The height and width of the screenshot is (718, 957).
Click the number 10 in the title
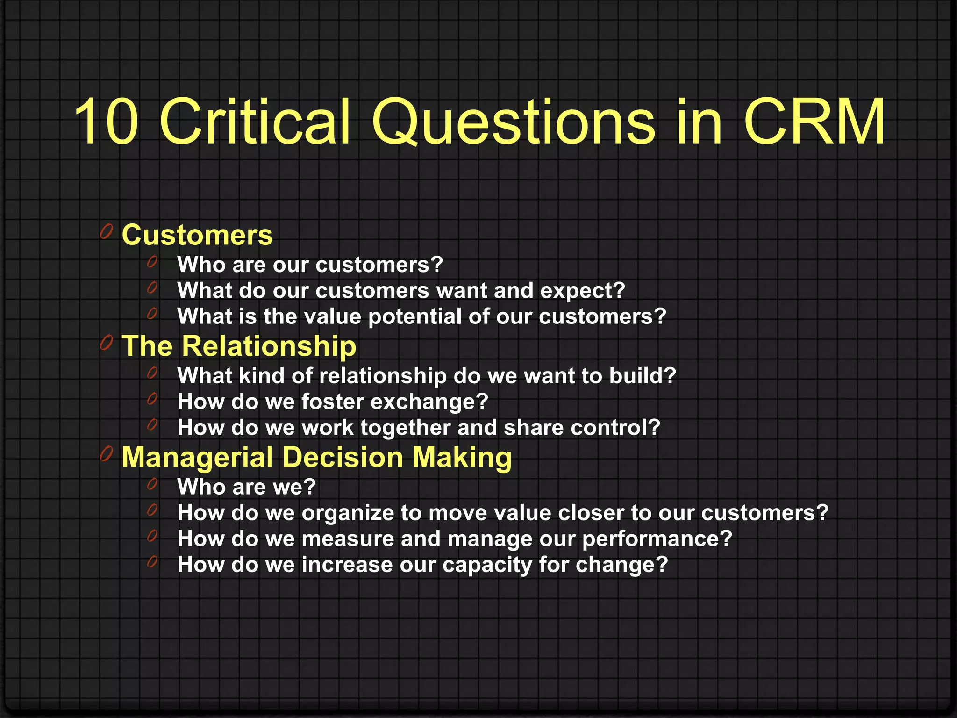click(107, 122)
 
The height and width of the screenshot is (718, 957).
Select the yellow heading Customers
click(197, 235)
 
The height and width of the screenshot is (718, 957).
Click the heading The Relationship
click(239, 346)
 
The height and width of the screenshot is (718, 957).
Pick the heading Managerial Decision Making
click(316, 457)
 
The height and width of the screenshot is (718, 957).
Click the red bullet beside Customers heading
click(107, 231)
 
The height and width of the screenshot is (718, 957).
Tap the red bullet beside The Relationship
click(107, 343)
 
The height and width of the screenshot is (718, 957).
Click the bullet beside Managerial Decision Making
click(107, 453)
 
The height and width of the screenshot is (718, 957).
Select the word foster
click(332, 402)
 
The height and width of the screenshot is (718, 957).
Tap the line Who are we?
click(246, 487)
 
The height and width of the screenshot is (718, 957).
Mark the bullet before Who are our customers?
click(152, 262)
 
